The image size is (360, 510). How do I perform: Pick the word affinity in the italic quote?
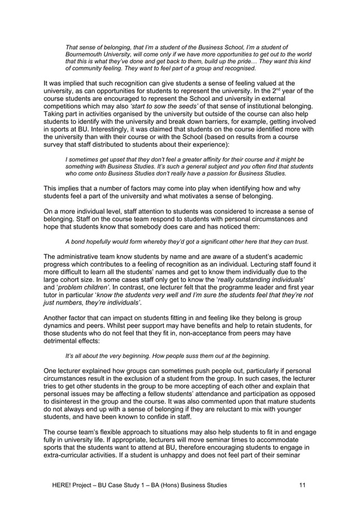pos(215,159)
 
